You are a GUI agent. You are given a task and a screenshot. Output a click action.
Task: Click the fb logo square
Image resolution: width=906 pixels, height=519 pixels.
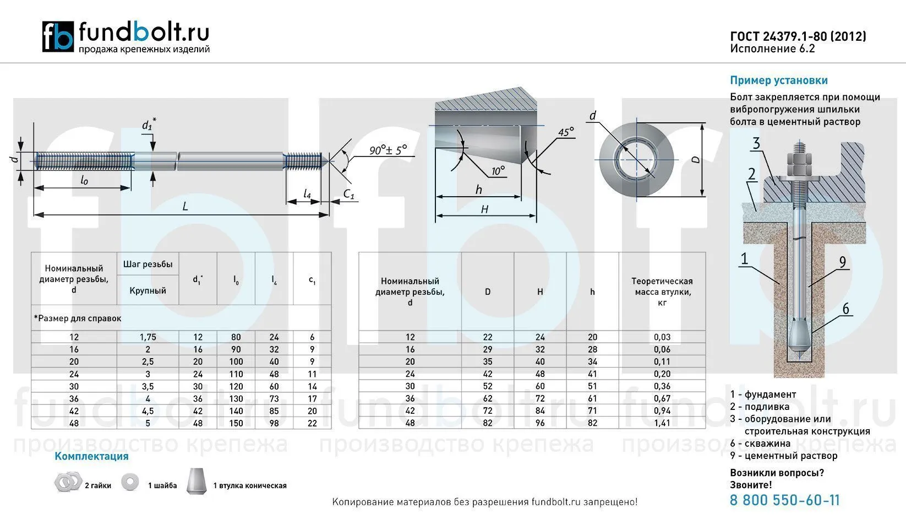(58, 36)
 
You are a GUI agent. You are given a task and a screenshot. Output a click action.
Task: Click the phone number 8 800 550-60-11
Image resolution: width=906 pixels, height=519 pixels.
(785, 500)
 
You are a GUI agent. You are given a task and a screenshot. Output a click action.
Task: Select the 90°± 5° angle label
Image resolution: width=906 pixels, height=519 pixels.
(388, 150)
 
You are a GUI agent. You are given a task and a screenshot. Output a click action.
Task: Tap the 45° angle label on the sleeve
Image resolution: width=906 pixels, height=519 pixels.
(566, 133)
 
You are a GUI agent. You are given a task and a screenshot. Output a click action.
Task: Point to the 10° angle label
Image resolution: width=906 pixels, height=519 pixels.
(498, 171)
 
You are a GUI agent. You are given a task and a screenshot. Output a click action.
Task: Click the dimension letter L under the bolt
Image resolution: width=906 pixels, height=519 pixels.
(185, 207)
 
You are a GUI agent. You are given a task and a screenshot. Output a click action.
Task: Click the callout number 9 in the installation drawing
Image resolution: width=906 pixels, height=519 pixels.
(842, 262)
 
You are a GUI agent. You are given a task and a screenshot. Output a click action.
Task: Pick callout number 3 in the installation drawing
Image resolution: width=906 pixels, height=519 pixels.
(756, 144)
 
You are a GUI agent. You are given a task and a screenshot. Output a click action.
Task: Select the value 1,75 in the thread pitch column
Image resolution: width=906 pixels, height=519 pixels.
(148, 337)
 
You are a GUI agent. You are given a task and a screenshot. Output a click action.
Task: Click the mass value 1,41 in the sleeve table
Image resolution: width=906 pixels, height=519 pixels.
(662, 423)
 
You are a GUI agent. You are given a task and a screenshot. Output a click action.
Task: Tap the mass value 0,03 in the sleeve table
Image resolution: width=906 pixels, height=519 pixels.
(662, 337)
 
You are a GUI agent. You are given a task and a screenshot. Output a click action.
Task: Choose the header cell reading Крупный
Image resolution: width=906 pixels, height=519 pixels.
(148, 290)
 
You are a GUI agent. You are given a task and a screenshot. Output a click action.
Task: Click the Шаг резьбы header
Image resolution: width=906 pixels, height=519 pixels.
(148, 264)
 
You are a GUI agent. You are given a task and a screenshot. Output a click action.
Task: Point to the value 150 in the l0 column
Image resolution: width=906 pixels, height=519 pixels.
(236, 423)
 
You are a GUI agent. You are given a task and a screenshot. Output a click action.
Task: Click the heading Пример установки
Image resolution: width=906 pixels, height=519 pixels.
(779, 80)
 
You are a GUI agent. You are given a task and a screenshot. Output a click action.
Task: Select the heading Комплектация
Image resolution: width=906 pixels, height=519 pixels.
(91, 456)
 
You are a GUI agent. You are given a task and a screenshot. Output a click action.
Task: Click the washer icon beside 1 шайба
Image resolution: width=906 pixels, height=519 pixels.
(130, 482)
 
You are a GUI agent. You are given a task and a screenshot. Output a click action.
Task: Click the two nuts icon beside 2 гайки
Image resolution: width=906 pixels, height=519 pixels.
(68, 482)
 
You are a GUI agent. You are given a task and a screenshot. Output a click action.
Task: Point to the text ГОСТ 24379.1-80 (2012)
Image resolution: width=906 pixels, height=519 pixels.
(798, 36)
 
